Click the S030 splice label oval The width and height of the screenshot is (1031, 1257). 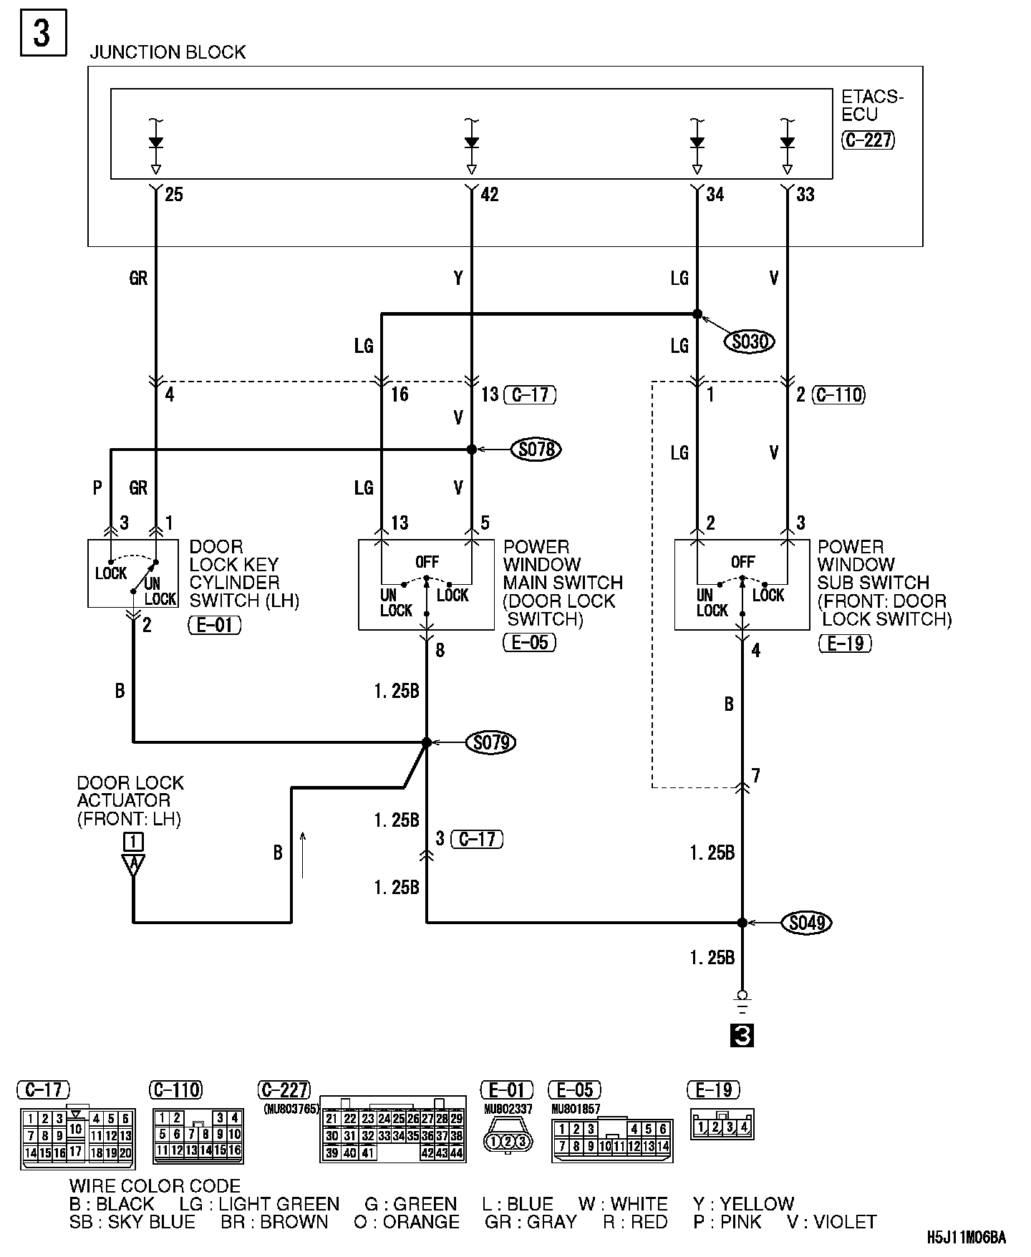point(749,342)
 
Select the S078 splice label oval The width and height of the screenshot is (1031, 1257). point(536,450)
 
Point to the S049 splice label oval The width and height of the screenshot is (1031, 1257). point(807,923)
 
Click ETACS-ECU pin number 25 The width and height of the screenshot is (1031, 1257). point(174,195)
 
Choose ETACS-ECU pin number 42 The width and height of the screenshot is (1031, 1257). point(489,195)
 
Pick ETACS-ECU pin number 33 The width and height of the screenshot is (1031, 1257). point(805,195)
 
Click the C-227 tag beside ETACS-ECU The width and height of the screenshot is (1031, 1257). point(868,140)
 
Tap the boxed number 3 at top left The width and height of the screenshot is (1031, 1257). point(42,33)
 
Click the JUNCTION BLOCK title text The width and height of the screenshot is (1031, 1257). point(168,52)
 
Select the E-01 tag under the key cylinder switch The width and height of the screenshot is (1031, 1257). point(215,625)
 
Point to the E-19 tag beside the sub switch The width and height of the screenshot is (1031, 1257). point(845,643)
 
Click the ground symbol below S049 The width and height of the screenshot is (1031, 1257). point(742,1002)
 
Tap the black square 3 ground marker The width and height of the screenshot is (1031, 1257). point(742,1036)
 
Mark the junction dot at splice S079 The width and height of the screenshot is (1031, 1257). point(427,743)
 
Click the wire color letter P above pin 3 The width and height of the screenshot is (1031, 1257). point(97,487)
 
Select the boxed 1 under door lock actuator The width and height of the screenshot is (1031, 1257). point(133,841)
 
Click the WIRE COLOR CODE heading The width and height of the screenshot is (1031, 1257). point(155,1186)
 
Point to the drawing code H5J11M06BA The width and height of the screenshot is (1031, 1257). point(967,1237)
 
